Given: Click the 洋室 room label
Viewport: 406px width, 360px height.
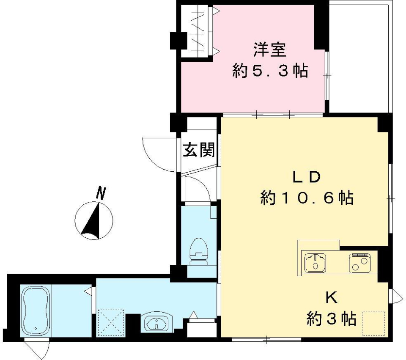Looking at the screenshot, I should click(x=270, y=50).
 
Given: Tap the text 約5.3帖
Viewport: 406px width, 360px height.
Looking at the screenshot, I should click(x=270, y=71).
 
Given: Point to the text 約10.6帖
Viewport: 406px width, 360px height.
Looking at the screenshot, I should click(x=306, y=198).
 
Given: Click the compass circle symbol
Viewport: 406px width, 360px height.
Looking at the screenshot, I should click(x=94, y=221).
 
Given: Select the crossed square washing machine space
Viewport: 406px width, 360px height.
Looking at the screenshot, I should click(x=111, y=323).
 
